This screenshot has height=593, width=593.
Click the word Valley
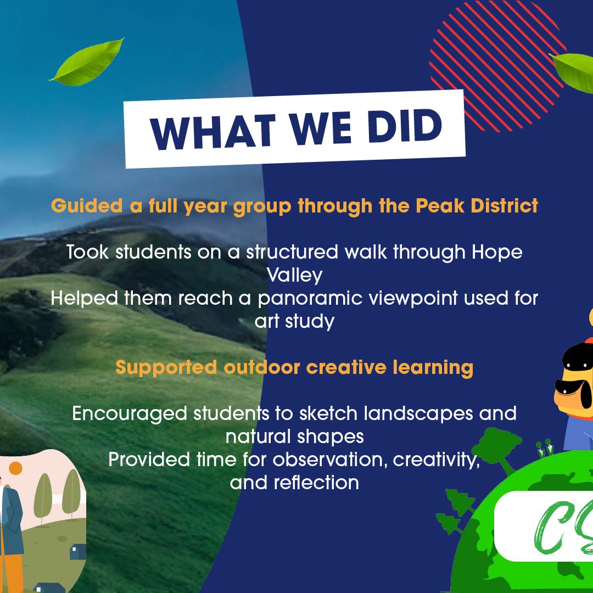coord(295,275)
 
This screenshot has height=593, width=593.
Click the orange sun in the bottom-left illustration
coord(15,468)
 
